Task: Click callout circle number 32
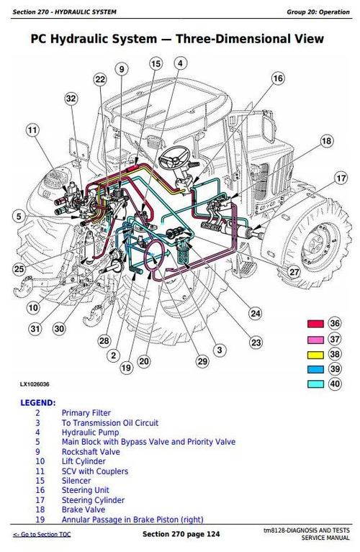pos(70,98)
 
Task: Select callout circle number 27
pos(294,271)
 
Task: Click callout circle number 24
pos(255,312)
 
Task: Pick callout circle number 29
pos(202,361)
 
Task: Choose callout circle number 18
pos(326,141)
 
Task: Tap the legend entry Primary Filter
pos(86,413)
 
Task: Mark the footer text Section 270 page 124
pos(179,535)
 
